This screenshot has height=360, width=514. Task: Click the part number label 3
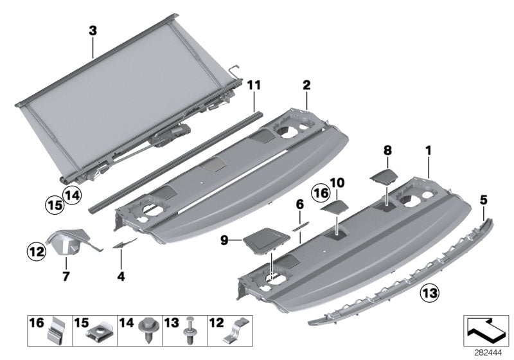pyautogui.click(x=93, y=30)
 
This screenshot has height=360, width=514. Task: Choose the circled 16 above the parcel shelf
pyautogui.click(x=321, y=192)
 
